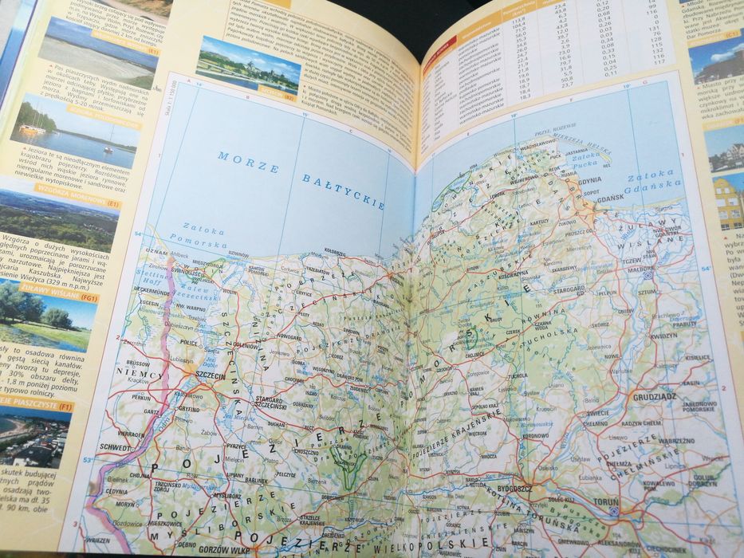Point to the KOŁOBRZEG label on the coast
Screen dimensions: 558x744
point(333,252)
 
